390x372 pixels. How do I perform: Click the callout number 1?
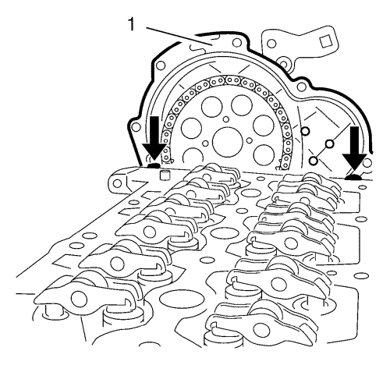[131, 24]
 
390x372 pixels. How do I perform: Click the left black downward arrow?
[154, 137]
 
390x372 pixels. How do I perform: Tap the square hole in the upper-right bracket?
[325, 41]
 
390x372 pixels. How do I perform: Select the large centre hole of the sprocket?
[227, 142]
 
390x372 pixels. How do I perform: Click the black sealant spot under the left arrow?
[154, 165]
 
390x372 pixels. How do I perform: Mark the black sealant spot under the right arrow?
[353, 178]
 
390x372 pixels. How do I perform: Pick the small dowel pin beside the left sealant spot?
[165, 175]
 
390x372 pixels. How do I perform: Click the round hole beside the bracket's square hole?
[271, 44]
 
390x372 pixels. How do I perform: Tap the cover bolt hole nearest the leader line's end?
[236, 42]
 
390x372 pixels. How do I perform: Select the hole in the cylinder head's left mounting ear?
[117, 183]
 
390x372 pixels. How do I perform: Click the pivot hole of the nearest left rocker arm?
[79, 299]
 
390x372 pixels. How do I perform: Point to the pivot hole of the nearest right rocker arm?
[261, 330]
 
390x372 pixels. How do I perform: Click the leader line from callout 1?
[179, 36]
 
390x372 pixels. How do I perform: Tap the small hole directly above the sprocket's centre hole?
[226, 119]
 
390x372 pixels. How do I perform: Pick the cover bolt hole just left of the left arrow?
[136, 127]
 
